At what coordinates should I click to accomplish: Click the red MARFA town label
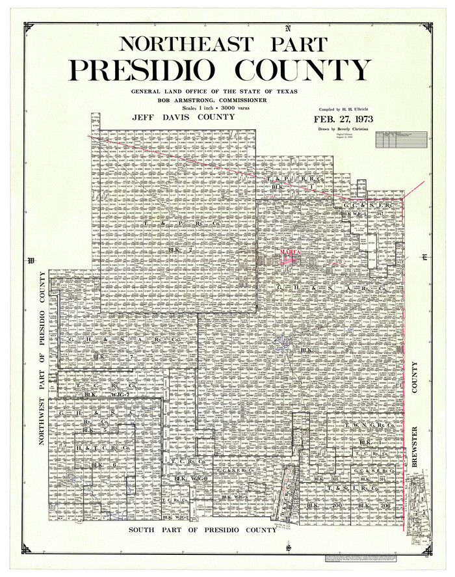tap(288, 250)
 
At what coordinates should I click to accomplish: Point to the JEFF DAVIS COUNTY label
tap(183, 117)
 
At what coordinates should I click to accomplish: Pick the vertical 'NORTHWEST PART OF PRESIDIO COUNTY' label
tap(44, 358)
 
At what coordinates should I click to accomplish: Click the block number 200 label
tap(336, 505)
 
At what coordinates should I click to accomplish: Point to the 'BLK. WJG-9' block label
tap(182, 479)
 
